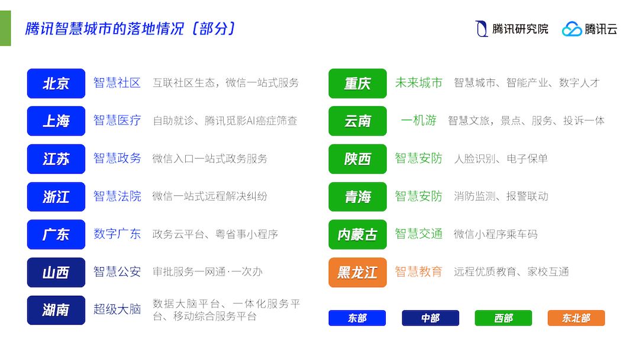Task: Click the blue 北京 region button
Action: (56, 83)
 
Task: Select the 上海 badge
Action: (56, 121)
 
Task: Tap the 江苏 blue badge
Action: (56, 159)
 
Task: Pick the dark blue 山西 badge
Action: (56, 272)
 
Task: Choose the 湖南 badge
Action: (56, 310)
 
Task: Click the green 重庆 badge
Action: (357, 83)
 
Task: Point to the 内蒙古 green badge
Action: (357, 234)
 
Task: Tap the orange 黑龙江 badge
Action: (357, 272)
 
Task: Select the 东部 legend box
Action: (357, 318)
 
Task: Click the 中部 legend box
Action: (430, 318)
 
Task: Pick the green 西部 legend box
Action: (504, 318)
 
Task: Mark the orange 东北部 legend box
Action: (576, 318)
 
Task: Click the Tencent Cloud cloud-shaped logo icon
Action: (572, 29)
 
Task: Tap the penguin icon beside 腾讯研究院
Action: (482, 29)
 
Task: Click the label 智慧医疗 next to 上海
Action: (117, 120)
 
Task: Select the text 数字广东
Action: (117, 234)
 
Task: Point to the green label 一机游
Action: (418, 120)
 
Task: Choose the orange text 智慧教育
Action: (418, 272)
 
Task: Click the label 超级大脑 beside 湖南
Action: (117, 310)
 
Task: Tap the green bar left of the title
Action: (5, 28)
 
